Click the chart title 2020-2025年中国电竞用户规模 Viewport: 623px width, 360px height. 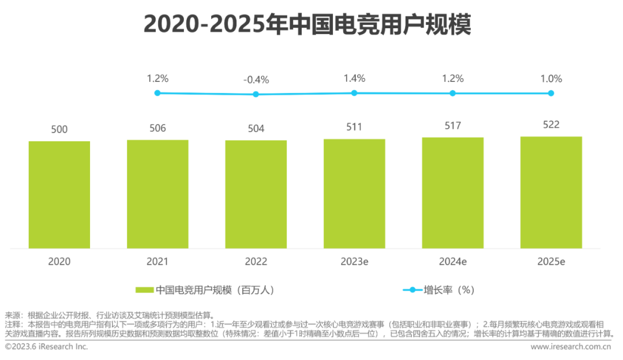click(307, 25)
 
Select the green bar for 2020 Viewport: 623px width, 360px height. click(59, 194)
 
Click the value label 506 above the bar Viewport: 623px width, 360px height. click(157, 128)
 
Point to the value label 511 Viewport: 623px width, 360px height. click(354, 127)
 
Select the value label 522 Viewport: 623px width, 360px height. click(551, 125)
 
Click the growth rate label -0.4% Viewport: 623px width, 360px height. click(256, 80)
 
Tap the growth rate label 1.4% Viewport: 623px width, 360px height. click(354, 78)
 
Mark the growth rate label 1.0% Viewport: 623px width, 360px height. click(551, 78)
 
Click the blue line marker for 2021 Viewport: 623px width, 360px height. click(157, 93)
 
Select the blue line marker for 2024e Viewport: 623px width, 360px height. click(453, 93)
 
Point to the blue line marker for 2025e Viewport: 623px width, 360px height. click(551, 93)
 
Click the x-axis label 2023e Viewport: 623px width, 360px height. click(354, 261)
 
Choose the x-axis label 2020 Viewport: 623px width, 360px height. click(59, 261)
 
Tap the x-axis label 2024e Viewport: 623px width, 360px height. click(453, 261)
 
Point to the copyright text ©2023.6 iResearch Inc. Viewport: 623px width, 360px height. click(47, 347)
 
